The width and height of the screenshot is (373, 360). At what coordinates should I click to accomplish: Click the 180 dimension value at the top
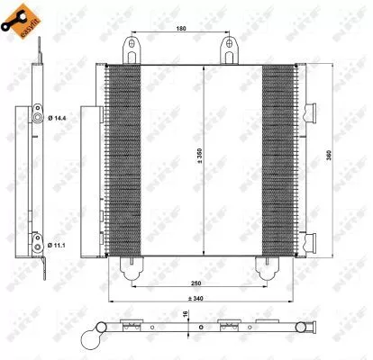coord(181,28)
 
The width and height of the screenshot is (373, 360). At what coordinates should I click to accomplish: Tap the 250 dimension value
coord(183,259)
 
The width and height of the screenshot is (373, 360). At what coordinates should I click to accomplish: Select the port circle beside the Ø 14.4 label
coord(36,117)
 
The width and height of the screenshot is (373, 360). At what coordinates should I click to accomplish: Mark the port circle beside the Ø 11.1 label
coord(36,217)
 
